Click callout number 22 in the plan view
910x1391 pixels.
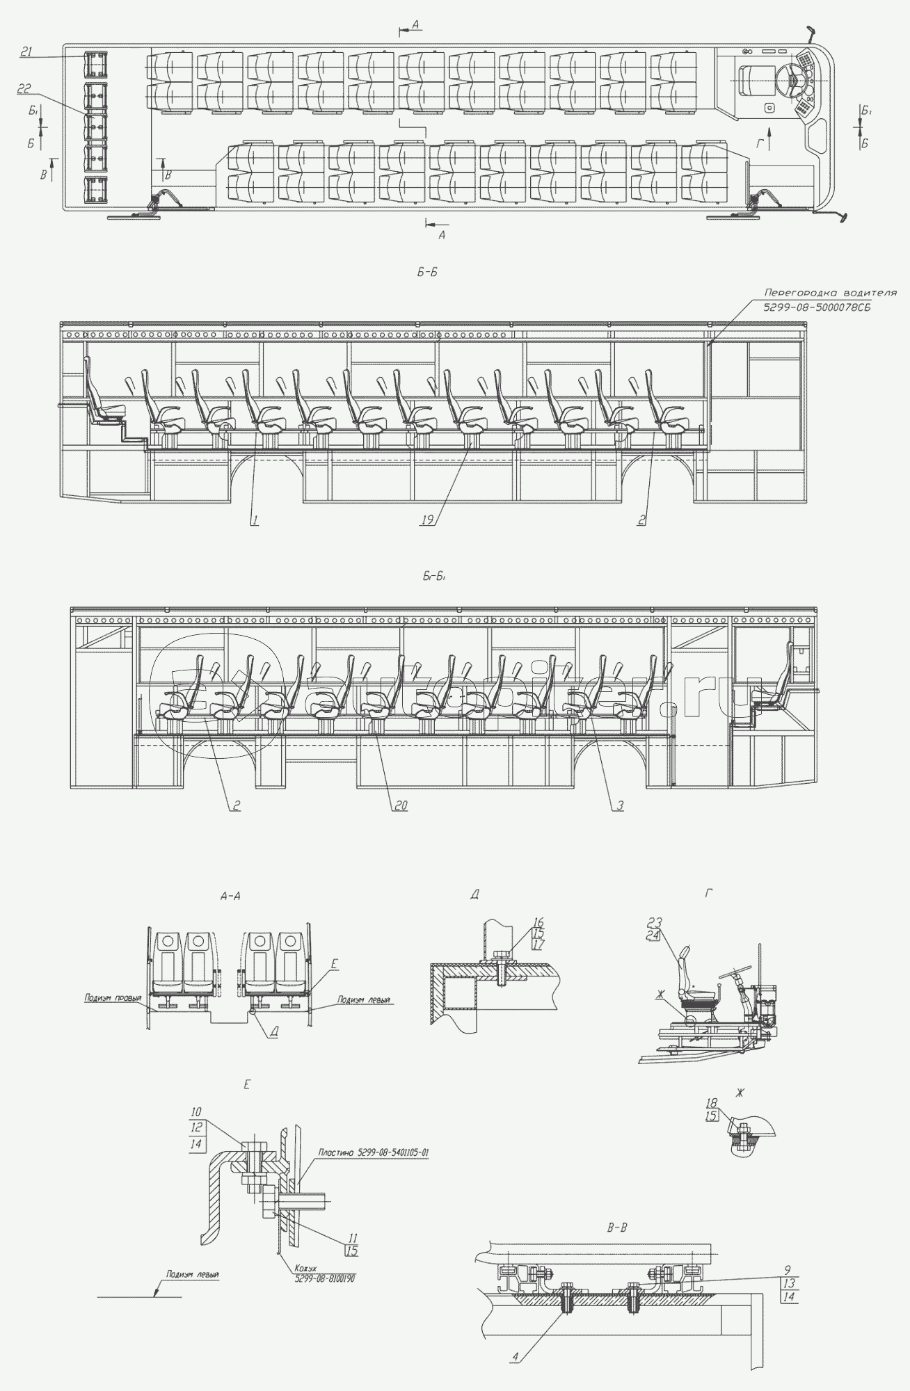pos(24,88)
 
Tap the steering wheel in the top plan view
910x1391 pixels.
pos(792,81)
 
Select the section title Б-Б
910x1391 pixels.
pos(426,273)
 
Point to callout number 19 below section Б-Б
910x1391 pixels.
pos(426,520)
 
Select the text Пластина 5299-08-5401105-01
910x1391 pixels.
pos(373,1152)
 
